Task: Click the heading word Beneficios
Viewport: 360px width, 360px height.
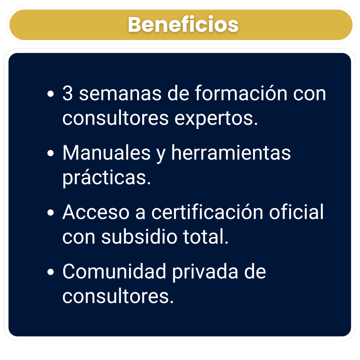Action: pyautogui.click(x=183, y=25)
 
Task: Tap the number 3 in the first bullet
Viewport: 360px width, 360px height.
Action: pyautogui.click(x=67, y=93)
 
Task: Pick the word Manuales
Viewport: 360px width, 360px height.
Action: pyautogui.click(x=106, y=152)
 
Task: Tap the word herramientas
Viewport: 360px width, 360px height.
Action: pyautogui.click(x=231, y=152)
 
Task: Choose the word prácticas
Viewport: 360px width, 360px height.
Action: pyautogui.click(x=106, y=178)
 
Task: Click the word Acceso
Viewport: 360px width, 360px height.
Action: pyautogui.click(x=96, y=212)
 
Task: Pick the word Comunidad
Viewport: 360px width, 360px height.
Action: pyautogui.click(x=114, y=271)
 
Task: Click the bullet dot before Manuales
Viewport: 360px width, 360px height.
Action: pyautogui.click(x=51, y=153)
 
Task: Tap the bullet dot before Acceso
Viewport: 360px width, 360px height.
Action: pyautogui.click(x=51, y=212)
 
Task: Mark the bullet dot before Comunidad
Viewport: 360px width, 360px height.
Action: pyautogui.click(x=51, y=272)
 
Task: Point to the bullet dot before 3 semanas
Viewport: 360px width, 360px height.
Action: pyautogui.click(x=51, y=94)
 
